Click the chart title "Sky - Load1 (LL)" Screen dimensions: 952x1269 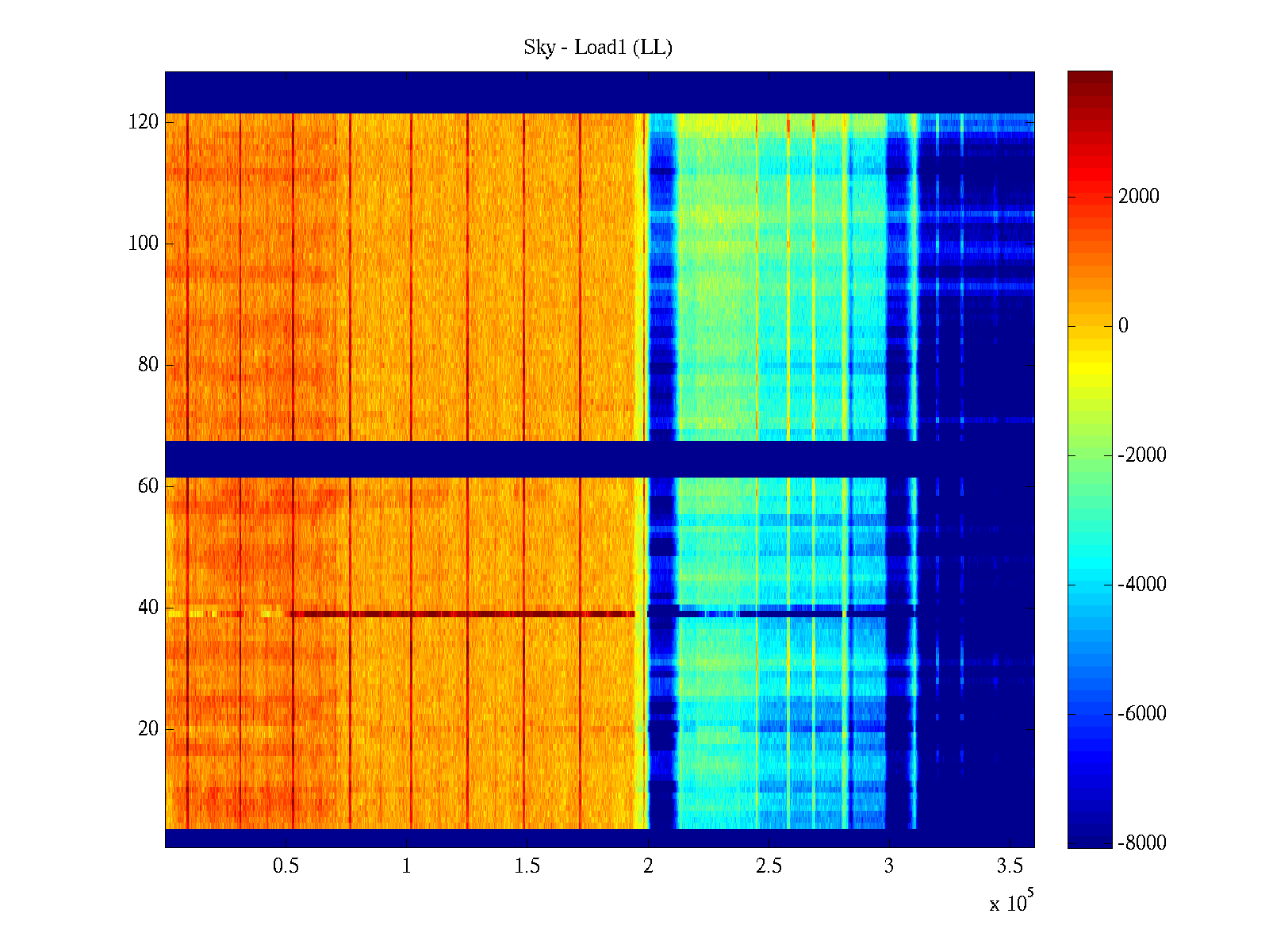598,48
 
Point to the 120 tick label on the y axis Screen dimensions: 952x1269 144,122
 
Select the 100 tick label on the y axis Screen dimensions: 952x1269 144,244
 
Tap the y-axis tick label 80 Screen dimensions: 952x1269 148,365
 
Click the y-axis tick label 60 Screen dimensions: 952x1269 148,486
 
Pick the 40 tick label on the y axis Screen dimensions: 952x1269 148,608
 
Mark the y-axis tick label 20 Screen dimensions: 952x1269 148,729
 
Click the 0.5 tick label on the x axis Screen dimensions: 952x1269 286,866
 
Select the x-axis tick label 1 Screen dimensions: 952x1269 406,866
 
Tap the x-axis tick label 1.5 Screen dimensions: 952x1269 527,866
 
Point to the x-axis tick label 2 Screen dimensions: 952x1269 648,866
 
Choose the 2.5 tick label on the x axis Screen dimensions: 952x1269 769,866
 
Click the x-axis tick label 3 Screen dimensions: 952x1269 889,866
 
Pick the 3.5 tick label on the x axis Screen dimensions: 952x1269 1010,866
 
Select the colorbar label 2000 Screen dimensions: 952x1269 1138,197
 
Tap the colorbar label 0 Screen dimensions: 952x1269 1123,326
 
